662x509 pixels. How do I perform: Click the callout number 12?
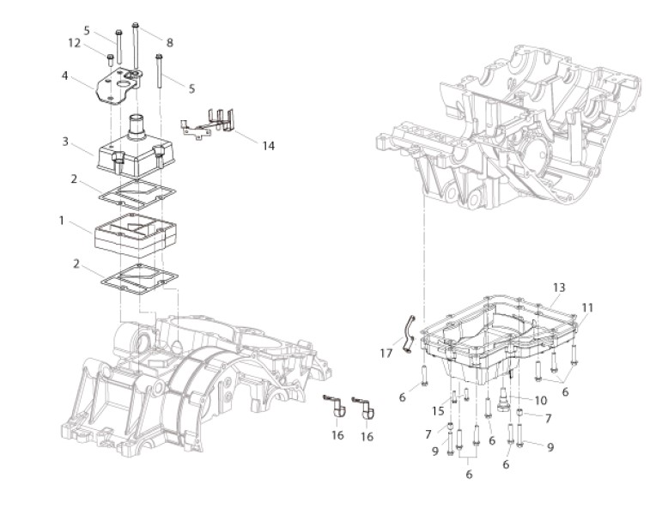[x=75, y=43]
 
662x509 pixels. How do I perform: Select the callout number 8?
[x=170, y=43]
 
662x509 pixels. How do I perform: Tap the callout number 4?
[x=64, y=76]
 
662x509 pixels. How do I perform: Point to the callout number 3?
[x=65, y=142]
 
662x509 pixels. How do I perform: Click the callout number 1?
[x=62, y=221]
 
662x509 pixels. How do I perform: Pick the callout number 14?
[x=269, y=146]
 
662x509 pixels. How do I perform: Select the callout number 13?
[x=559, y=288]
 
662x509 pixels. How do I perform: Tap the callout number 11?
[x=587, y=308]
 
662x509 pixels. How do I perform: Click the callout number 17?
[x=386, y=353]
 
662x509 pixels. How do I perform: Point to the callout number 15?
[x=438, y=410]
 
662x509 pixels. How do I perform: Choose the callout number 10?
[x=541, y=400]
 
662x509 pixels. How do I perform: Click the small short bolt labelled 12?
[x=110, y=59]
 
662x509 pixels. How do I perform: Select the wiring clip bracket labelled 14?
[x=208, y=123]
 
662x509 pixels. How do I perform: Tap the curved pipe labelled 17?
[x=408, y=333]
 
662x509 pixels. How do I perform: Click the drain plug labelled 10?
[x=503, y=400]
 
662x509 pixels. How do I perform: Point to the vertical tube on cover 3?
[x=137, y=126]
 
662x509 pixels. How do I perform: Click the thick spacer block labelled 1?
[x=135, y=235]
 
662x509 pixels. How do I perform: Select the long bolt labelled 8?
[x=136, y=46]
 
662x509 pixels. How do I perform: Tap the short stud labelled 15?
[x=454, y=397]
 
